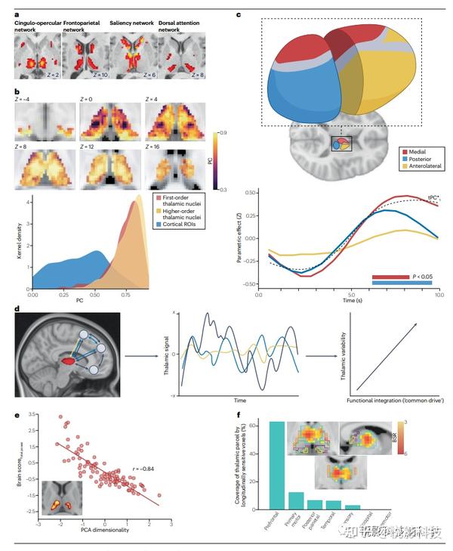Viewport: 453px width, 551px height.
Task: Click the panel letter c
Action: [239, 14]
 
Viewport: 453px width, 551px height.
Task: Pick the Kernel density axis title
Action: [8, 235]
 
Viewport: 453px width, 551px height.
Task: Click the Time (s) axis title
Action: [348, 301]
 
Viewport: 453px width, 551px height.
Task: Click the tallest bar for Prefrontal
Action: [276, 465]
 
